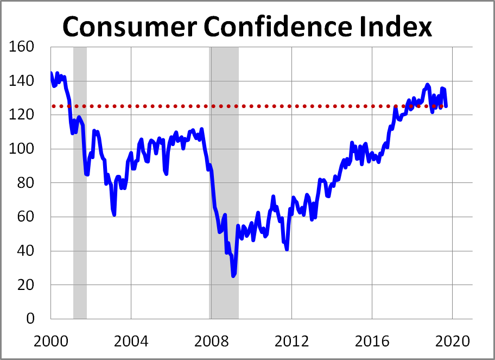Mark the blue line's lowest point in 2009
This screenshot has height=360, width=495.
point(233,276)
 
